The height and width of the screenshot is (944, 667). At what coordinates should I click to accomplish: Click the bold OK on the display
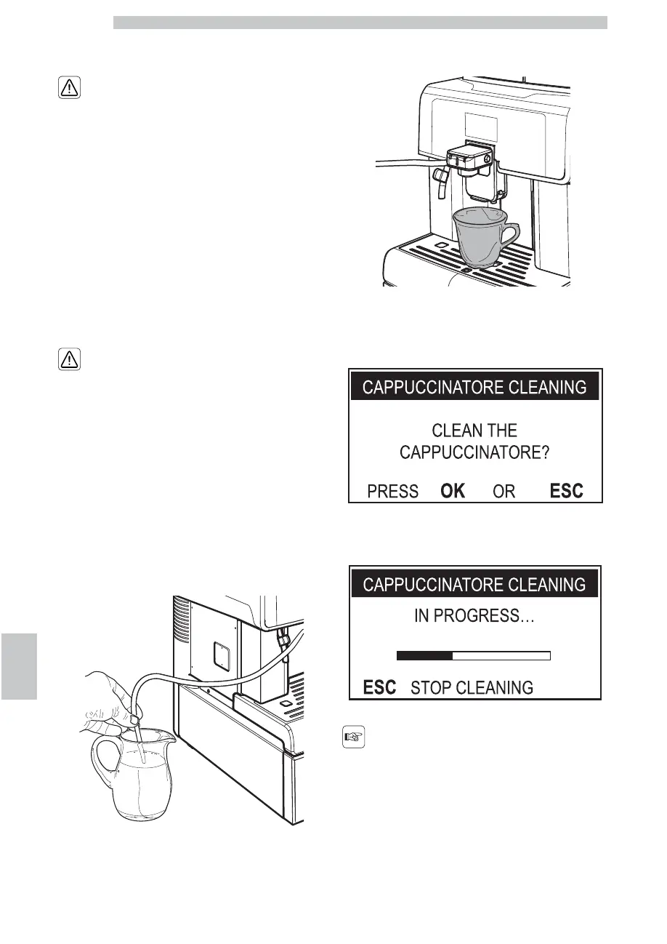[453, 491]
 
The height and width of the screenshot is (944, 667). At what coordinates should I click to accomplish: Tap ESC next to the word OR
[566, 491]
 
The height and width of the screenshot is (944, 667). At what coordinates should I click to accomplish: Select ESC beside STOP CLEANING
[379, 687]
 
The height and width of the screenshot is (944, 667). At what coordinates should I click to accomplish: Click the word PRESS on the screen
[392, 492]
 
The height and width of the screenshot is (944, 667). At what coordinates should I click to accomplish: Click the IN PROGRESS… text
[474, 616]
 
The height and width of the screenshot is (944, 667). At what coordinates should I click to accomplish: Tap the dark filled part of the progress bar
[425, 655]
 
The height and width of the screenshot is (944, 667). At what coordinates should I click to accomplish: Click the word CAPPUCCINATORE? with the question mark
[474, 453]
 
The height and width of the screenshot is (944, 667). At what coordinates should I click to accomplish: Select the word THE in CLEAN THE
[502, 431]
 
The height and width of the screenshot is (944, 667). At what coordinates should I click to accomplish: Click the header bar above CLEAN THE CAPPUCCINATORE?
[474, 387]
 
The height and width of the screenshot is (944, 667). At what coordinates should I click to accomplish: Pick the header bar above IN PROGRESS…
[474, 584]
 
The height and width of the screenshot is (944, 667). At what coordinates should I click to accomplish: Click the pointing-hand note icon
[352, 740]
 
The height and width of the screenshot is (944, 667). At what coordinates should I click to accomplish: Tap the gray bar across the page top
[360, 23]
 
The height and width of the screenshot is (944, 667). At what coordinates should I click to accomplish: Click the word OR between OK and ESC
[504, 492]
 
